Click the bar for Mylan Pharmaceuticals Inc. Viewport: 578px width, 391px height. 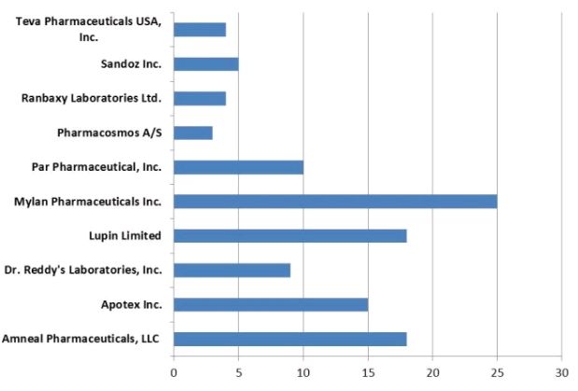point(335,201)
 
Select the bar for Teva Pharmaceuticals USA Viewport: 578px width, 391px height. point(200,30)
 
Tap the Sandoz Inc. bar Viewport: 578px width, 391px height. point(205,64)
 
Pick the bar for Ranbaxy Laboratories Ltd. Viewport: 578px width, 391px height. point(200,98)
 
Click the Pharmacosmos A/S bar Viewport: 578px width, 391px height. point(193,133)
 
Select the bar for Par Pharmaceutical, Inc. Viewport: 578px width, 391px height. point(238,167)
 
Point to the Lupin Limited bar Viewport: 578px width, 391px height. point(289,235)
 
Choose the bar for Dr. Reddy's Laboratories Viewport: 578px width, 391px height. point(232,270)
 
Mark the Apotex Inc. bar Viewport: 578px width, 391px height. point(271,304)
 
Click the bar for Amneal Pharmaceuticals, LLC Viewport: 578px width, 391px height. point(289,339)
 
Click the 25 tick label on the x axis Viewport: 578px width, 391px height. point(497,372)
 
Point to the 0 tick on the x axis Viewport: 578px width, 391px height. point(174,372)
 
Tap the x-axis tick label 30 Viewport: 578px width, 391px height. point(561,372)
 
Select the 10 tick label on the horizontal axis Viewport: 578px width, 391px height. point(303,372)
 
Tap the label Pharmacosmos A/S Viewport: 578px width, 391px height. point(108,133)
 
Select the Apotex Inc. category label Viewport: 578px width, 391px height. point(131,304)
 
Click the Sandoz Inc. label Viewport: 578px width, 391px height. point(131,64)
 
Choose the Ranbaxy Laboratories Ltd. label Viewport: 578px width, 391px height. point(92,98)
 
